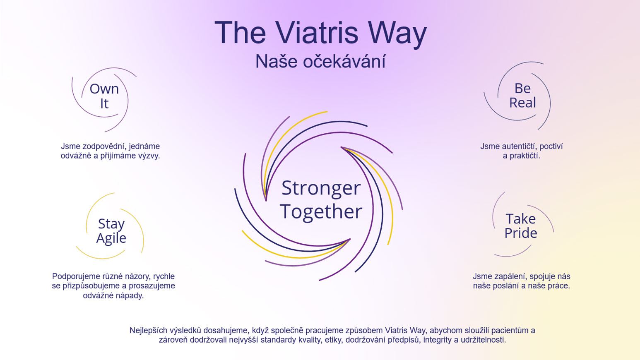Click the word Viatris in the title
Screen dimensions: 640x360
pos(317,32)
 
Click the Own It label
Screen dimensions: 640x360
pos(104,96)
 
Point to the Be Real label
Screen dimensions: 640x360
pos(522,95)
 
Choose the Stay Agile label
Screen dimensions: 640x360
pos(111,230)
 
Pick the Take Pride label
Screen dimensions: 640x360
pos(521,226)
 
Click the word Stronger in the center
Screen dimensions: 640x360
pos(321,189)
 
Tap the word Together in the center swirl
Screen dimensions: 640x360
pos(321,212)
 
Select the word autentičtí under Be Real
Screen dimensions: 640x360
pos(514,146)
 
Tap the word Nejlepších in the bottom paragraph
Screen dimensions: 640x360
pos(149,331)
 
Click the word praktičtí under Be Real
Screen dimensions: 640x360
pos(525,156)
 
